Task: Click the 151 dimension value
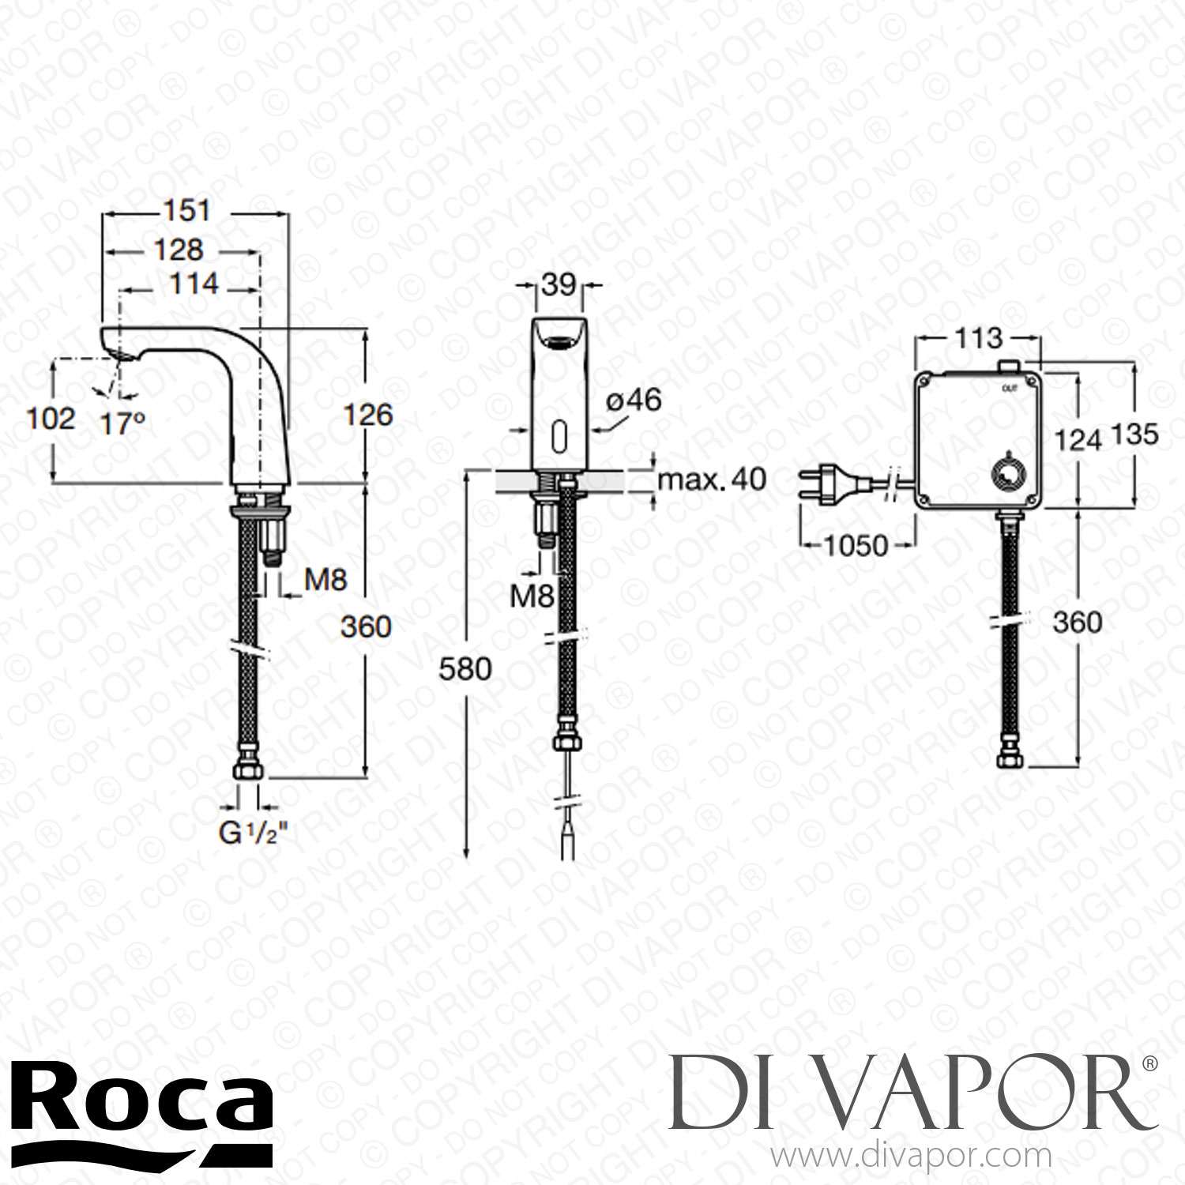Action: (x=188, y=211)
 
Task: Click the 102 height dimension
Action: (x=51, y=419)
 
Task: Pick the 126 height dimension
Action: (x=367, y=415)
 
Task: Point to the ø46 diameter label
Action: (x=633, y=401)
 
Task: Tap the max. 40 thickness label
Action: (x=712, y=479)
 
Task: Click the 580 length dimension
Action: (x=465, y=669)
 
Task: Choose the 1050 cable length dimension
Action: (x=856, y=545)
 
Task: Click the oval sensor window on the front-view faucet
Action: (x=560, y=434)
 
